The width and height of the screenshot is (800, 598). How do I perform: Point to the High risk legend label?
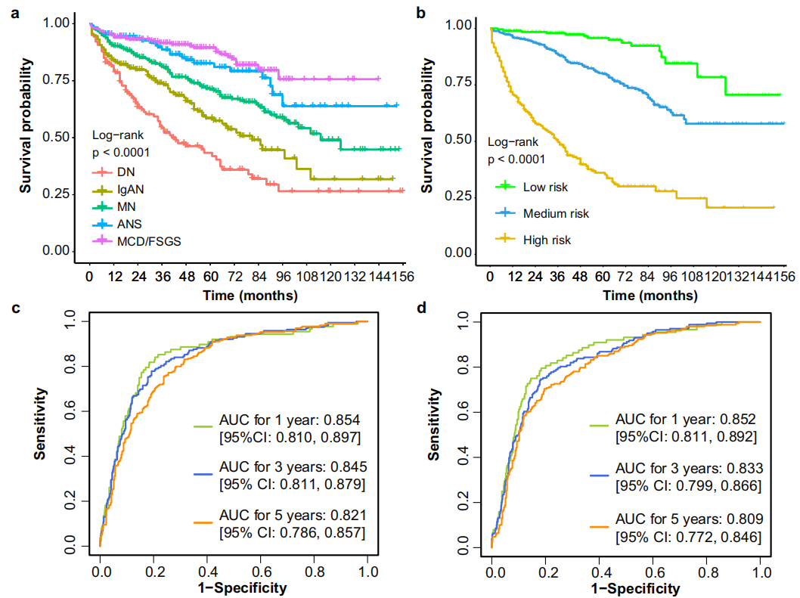[547, 240]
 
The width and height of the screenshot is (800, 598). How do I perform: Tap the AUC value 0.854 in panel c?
[350, 420]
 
